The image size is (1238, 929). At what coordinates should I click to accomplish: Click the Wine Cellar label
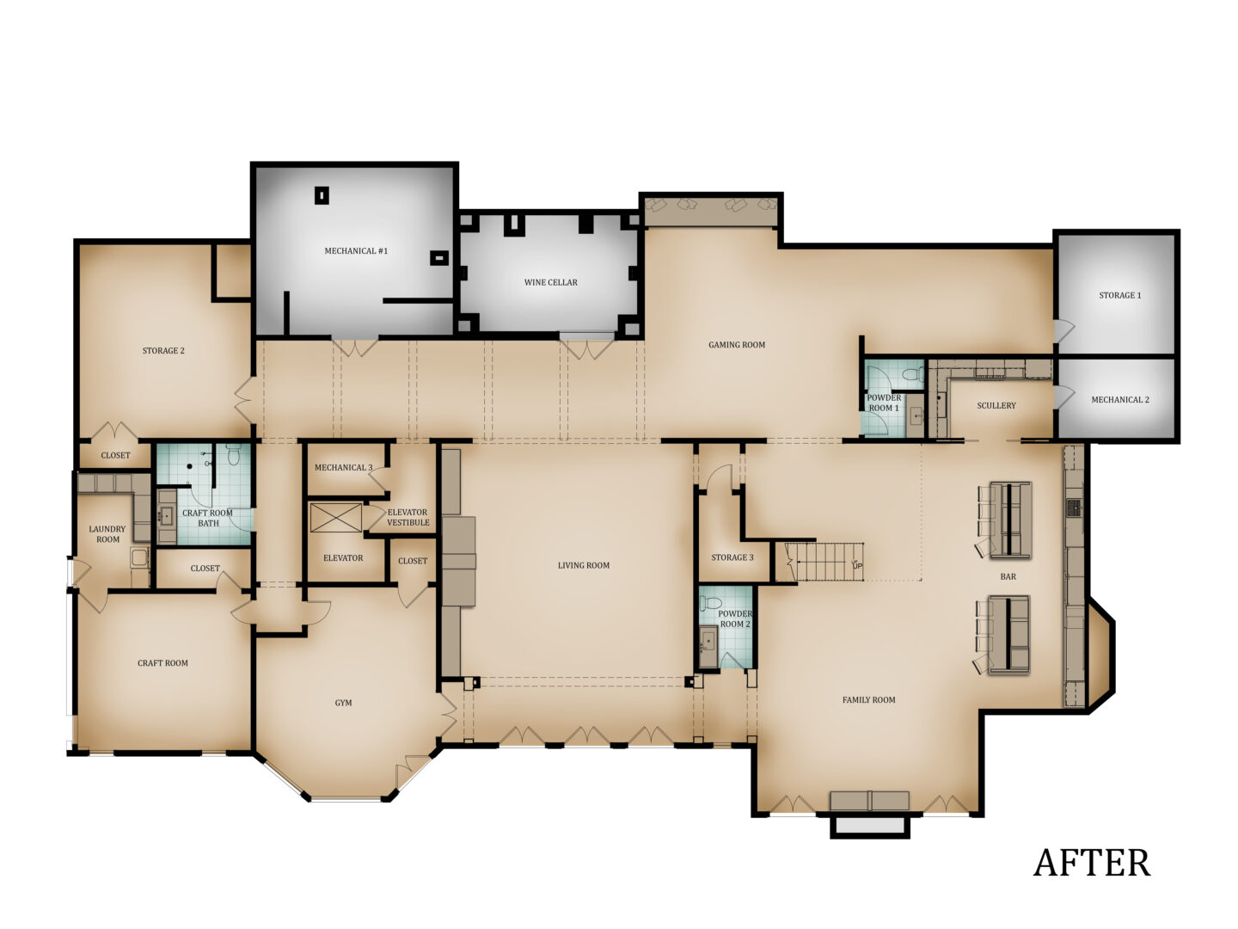550,283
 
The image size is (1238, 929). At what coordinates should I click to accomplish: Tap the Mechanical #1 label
356,251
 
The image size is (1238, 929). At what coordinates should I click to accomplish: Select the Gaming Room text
737,345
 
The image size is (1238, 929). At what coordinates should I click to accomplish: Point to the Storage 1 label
1119,295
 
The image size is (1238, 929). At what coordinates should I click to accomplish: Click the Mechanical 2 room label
1119,400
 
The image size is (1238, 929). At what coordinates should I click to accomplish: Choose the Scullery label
996,405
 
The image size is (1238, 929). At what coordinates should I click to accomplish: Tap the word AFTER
1091,863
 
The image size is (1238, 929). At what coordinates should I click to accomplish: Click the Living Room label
583,565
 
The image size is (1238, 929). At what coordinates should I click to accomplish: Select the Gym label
343,703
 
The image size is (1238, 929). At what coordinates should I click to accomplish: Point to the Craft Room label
162,662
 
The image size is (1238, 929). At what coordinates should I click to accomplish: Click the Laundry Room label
107,534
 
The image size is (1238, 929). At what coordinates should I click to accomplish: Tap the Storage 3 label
732,557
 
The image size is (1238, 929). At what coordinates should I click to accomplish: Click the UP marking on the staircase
857,565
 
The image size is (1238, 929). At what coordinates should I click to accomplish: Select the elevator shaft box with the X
335,518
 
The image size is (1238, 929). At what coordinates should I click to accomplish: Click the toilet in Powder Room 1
912,374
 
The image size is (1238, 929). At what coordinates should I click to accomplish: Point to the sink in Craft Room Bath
167,515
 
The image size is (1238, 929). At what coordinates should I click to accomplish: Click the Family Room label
868,700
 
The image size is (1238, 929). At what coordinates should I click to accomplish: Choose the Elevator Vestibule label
408,517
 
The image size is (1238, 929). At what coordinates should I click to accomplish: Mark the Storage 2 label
163,351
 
